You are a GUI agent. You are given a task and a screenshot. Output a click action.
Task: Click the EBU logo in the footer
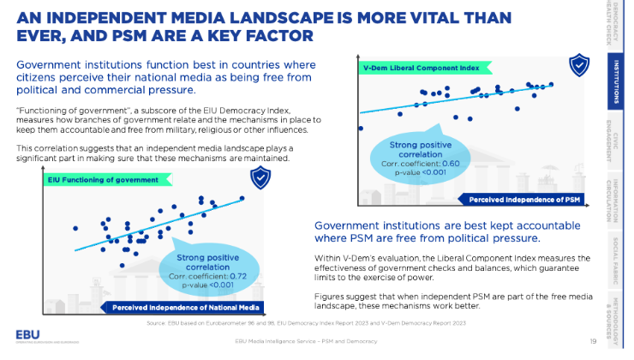(27, 336)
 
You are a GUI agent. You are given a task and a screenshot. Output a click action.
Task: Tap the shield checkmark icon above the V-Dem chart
(580, 64)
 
